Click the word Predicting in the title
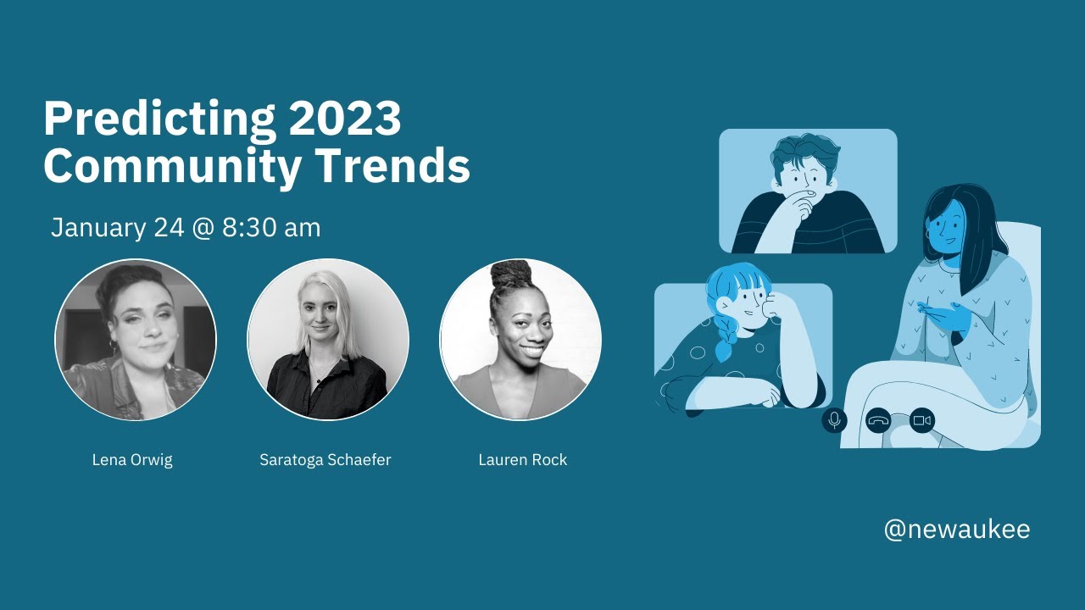tap(159, 119)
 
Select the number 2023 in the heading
tap(344, 119)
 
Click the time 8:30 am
tap(271, 228)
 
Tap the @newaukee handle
tap(957, 530)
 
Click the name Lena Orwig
tap(132, 460)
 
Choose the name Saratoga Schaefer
tap(325, 460)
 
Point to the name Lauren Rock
tap(522, 460)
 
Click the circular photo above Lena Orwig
tap(136, 340)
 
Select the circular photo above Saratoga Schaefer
tap(328, 340)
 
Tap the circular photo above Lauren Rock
tap(520, 340)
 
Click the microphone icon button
tap(834, 420)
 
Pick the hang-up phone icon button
tap(878, 420)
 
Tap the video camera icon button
tap(922, 420)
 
